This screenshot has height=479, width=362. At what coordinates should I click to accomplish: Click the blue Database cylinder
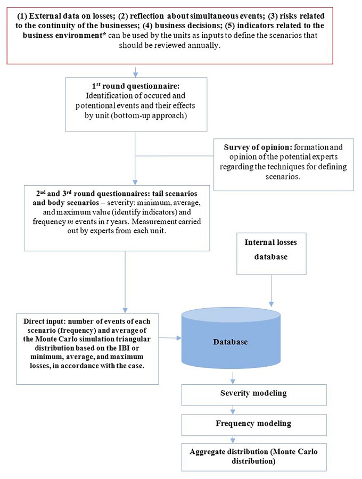tap(232, 341)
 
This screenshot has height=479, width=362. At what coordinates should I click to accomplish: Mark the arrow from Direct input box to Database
tap(170, 337)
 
